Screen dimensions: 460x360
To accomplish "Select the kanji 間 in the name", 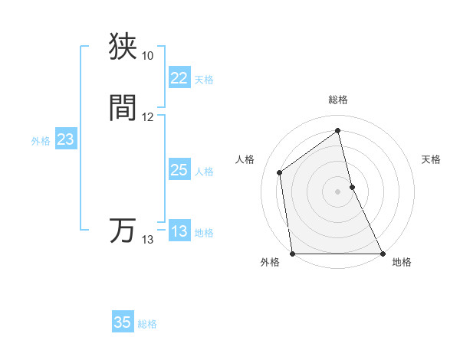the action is point(123,107).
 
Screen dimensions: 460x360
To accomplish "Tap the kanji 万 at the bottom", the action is point(123,230).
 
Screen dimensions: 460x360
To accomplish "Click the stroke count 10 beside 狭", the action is point(147,56).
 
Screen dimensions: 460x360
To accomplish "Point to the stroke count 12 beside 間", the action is point(147,117).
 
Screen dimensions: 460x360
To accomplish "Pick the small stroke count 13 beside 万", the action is point(147,240).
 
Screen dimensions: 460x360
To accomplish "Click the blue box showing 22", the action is point(179,78).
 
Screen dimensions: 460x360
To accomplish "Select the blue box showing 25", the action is point(179,170).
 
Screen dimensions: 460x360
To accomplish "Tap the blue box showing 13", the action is point(179,231).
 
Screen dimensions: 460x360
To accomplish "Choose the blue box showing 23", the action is point(65,139).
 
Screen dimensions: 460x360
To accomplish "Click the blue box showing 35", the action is point(123,322).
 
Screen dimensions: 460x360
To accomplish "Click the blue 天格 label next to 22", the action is point(204,80).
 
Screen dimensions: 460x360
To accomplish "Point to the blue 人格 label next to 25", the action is point(204,172).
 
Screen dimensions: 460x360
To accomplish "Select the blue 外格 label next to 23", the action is point(41,141).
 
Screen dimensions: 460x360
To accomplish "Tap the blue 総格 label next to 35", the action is point(147,324).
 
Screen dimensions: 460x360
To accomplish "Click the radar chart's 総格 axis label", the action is point(338,100).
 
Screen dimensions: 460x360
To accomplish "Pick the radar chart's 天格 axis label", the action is point(432,159).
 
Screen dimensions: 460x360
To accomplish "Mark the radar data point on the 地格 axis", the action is point(383,254).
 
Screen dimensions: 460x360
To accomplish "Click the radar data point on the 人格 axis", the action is point(280,172).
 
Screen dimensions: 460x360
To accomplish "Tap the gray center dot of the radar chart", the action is point(338,191).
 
